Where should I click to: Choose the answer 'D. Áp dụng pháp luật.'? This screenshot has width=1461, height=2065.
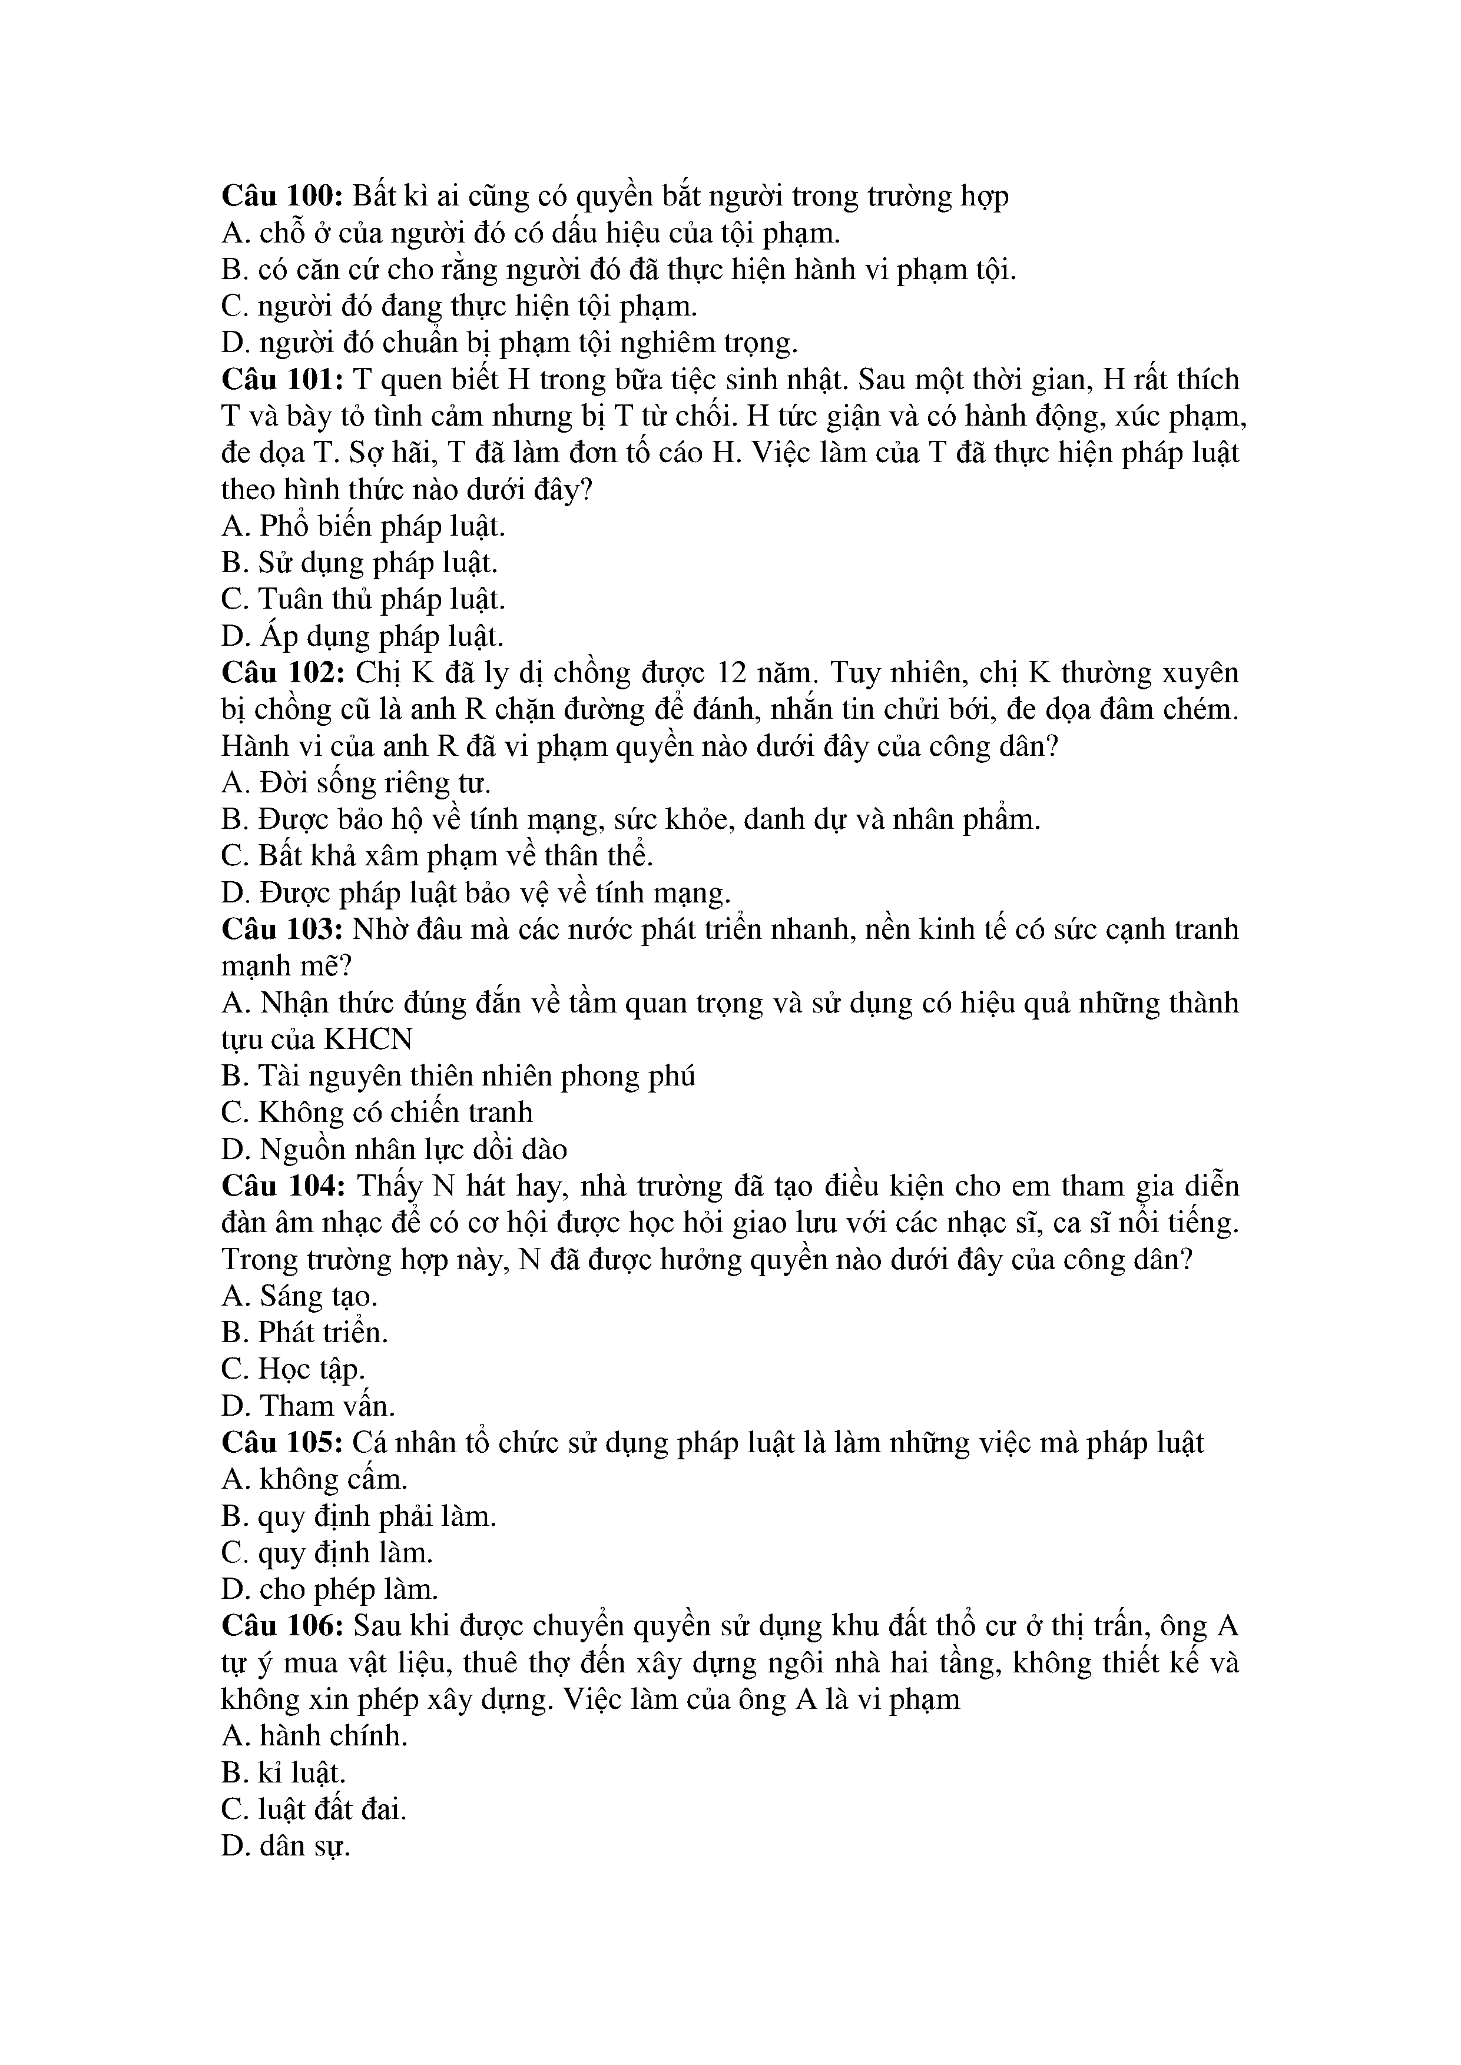(363, 637)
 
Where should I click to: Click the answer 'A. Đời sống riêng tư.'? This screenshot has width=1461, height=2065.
(356, 783)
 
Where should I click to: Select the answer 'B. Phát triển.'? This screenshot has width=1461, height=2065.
(305, 1333)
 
